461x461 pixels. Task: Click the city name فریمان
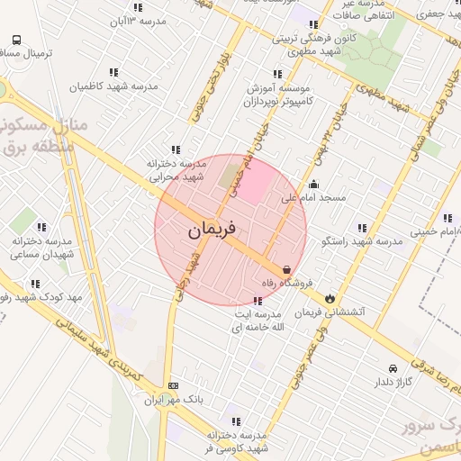click(212, 230)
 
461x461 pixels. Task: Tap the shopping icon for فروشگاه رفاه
click(286, 269)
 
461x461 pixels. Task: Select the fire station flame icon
click(331, 297)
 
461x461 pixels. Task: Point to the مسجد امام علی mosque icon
click(312, 185)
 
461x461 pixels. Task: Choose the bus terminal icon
click(17, 41)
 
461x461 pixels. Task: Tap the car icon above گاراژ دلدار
click(393, 368)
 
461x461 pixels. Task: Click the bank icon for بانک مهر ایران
click(174, 384)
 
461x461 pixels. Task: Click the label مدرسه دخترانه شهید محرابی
click(173, 170)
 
